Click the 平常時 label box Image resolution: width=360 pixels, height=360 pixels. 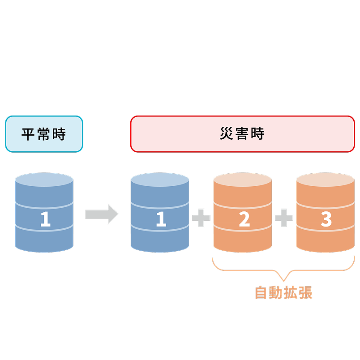[44, 134]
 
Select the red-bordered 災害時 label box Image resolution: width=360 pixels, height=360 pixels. [242, 134]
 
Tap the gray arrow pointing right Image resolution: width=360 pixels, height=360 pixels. [102, 214]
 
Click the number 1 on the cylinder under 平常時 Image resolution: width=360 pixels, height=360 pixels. [45, 219]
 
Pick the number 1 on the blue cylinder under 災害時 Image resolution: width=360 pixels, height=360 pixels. [160, 219]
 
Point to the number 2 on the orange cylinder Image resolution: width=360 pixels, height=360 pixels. [244, 219]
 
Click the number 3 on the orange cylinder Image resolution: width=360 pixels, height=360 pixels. [326, 219]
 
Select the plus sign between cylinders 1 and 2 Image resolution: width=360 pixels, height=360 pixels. [201, 218]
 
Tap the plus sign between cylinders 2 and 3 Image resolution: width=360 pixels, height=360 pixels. [284, 218]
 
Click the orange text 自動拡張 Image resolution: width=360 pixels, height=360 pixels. [283, 292]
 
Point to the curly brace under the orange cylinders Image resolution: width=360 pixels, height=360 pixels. [283, 269]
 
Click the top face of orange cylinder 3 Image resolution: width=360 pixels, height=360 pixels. [326, 180]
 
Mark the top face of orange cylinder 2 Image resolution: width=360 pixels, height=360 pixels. [243, 180]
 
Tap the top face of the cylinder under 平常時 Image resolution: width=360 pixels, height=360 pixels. [44, 180]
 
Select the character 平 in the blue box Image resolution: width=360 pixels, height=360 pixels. [29, 134]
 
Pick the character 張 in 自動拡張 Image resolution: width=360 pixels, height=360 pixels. [305, 292]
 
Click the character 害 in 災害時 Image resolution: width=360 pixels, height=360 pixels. [242, 134]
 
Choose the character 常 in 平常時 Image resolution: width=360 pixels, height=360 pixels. [44, 134]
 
